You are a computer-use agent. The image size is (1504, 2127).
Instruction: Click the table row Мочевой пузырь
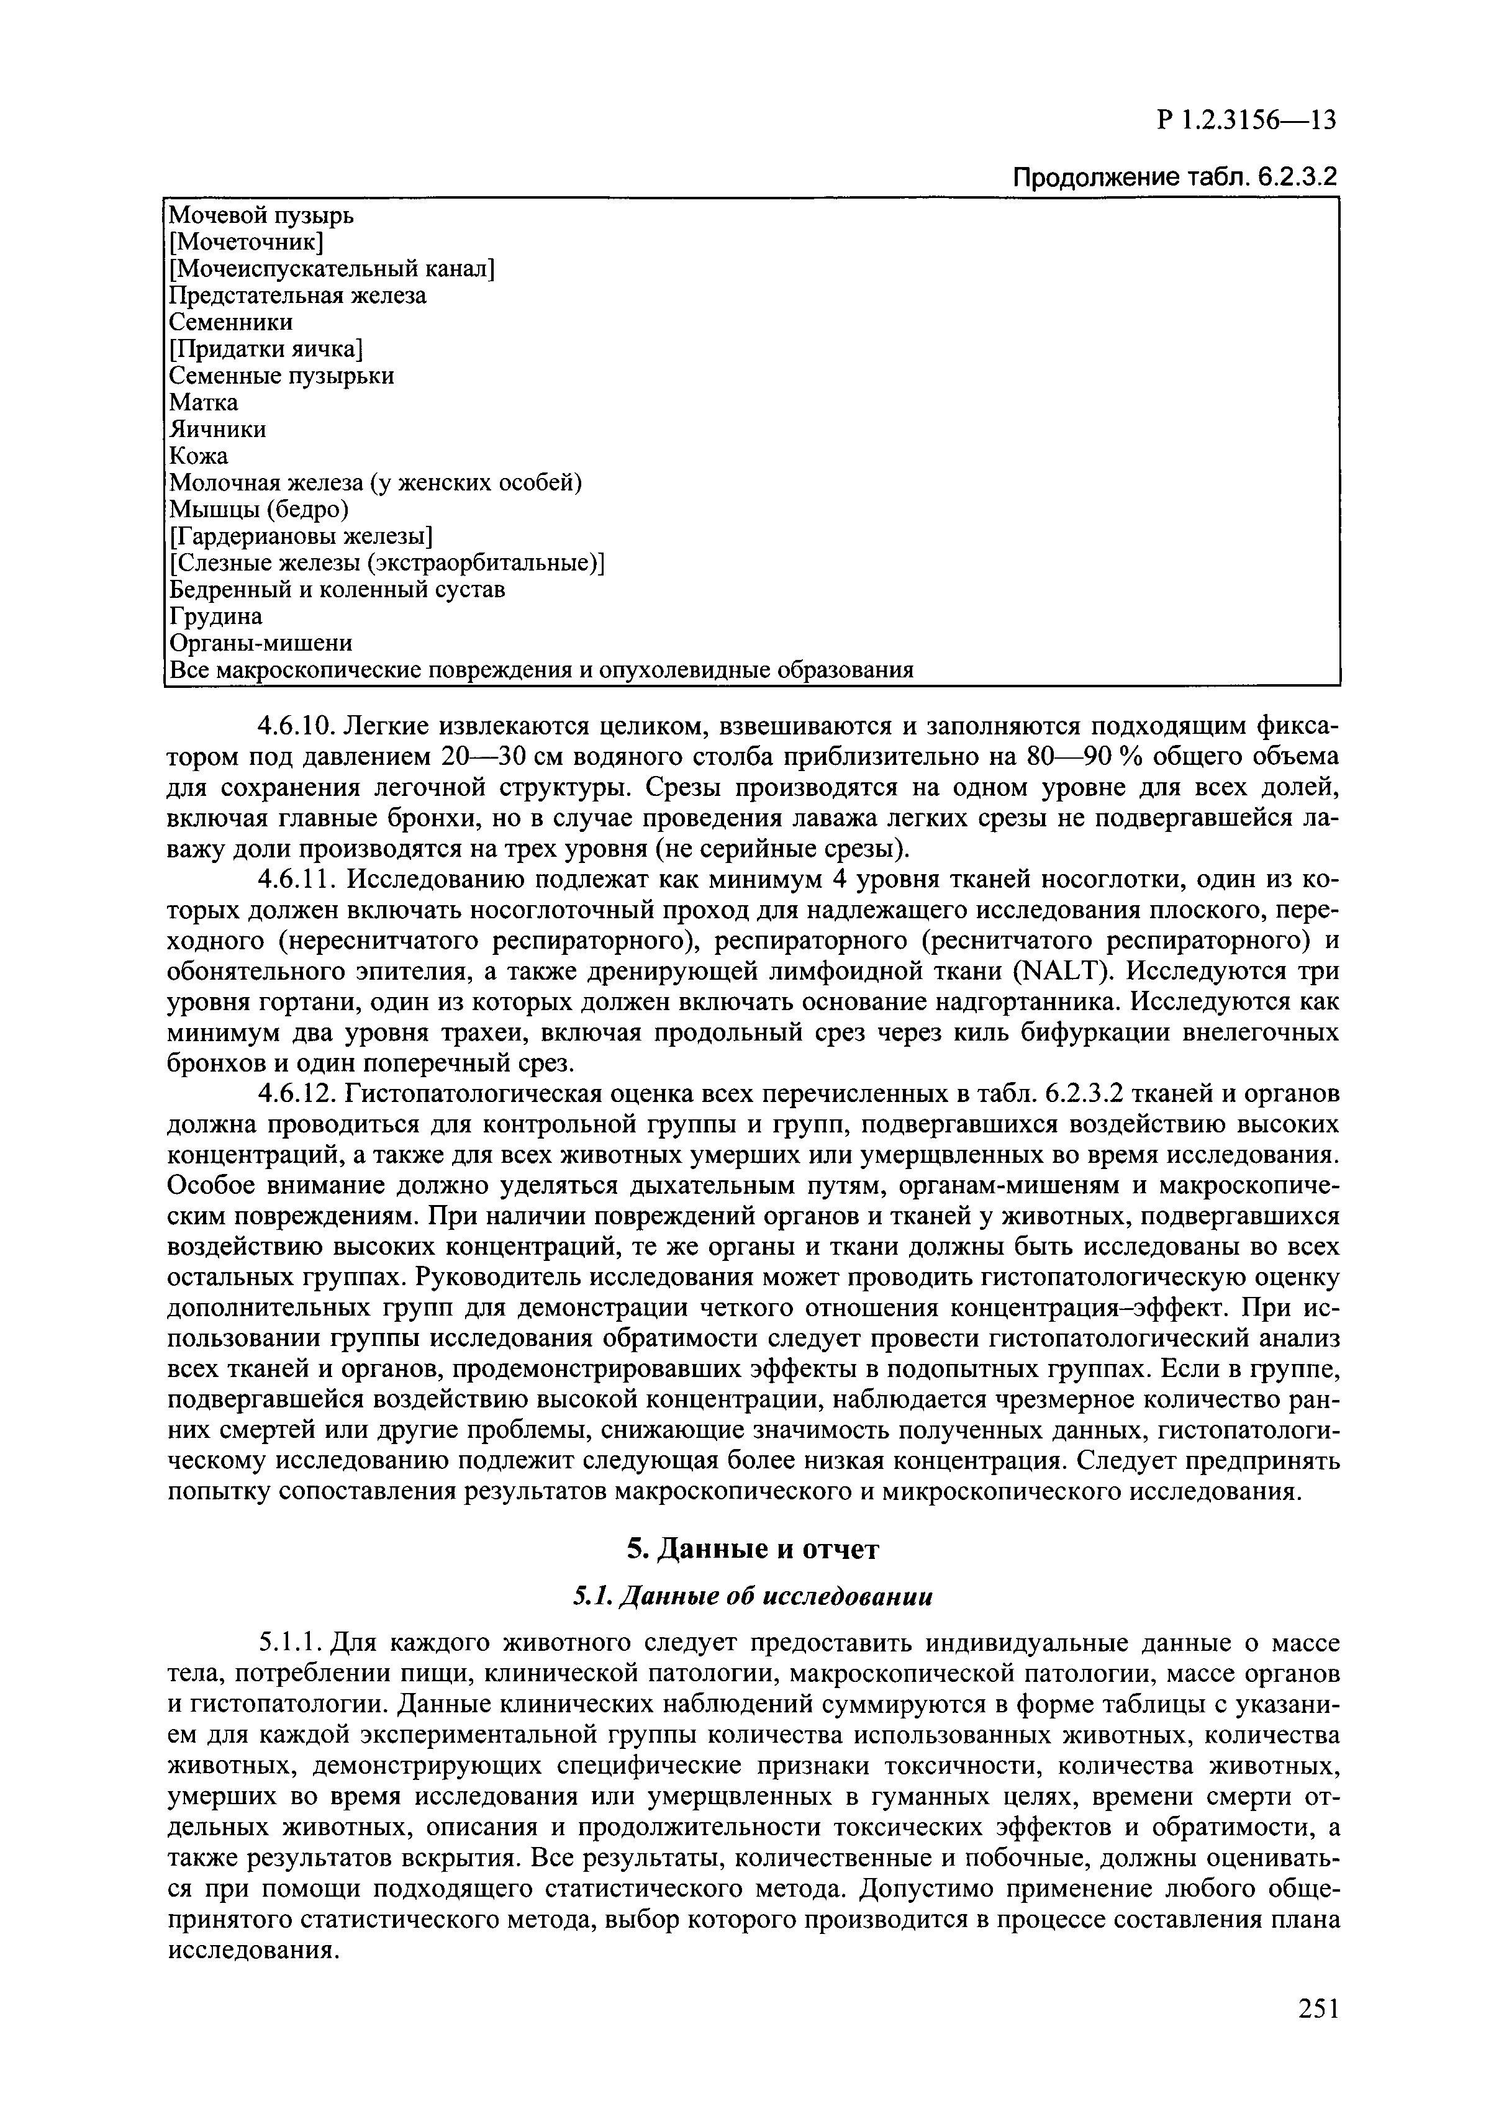261,216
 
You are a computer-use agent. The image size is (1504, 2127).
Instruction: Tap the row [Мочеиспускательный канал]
332,269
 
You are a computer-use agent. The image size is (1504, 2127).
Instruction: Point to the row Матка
204,403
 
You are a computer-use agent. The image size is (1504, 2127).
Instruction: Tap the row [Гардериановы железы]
301,536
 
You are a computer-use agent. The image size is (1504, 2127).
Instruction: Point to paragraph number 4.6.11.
295,878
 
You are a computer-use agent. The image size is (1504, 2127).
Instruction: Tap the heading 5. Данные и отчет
751,1549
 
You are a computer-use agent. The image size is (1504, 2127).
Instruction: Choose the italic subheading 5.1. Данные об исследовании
751,1597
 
